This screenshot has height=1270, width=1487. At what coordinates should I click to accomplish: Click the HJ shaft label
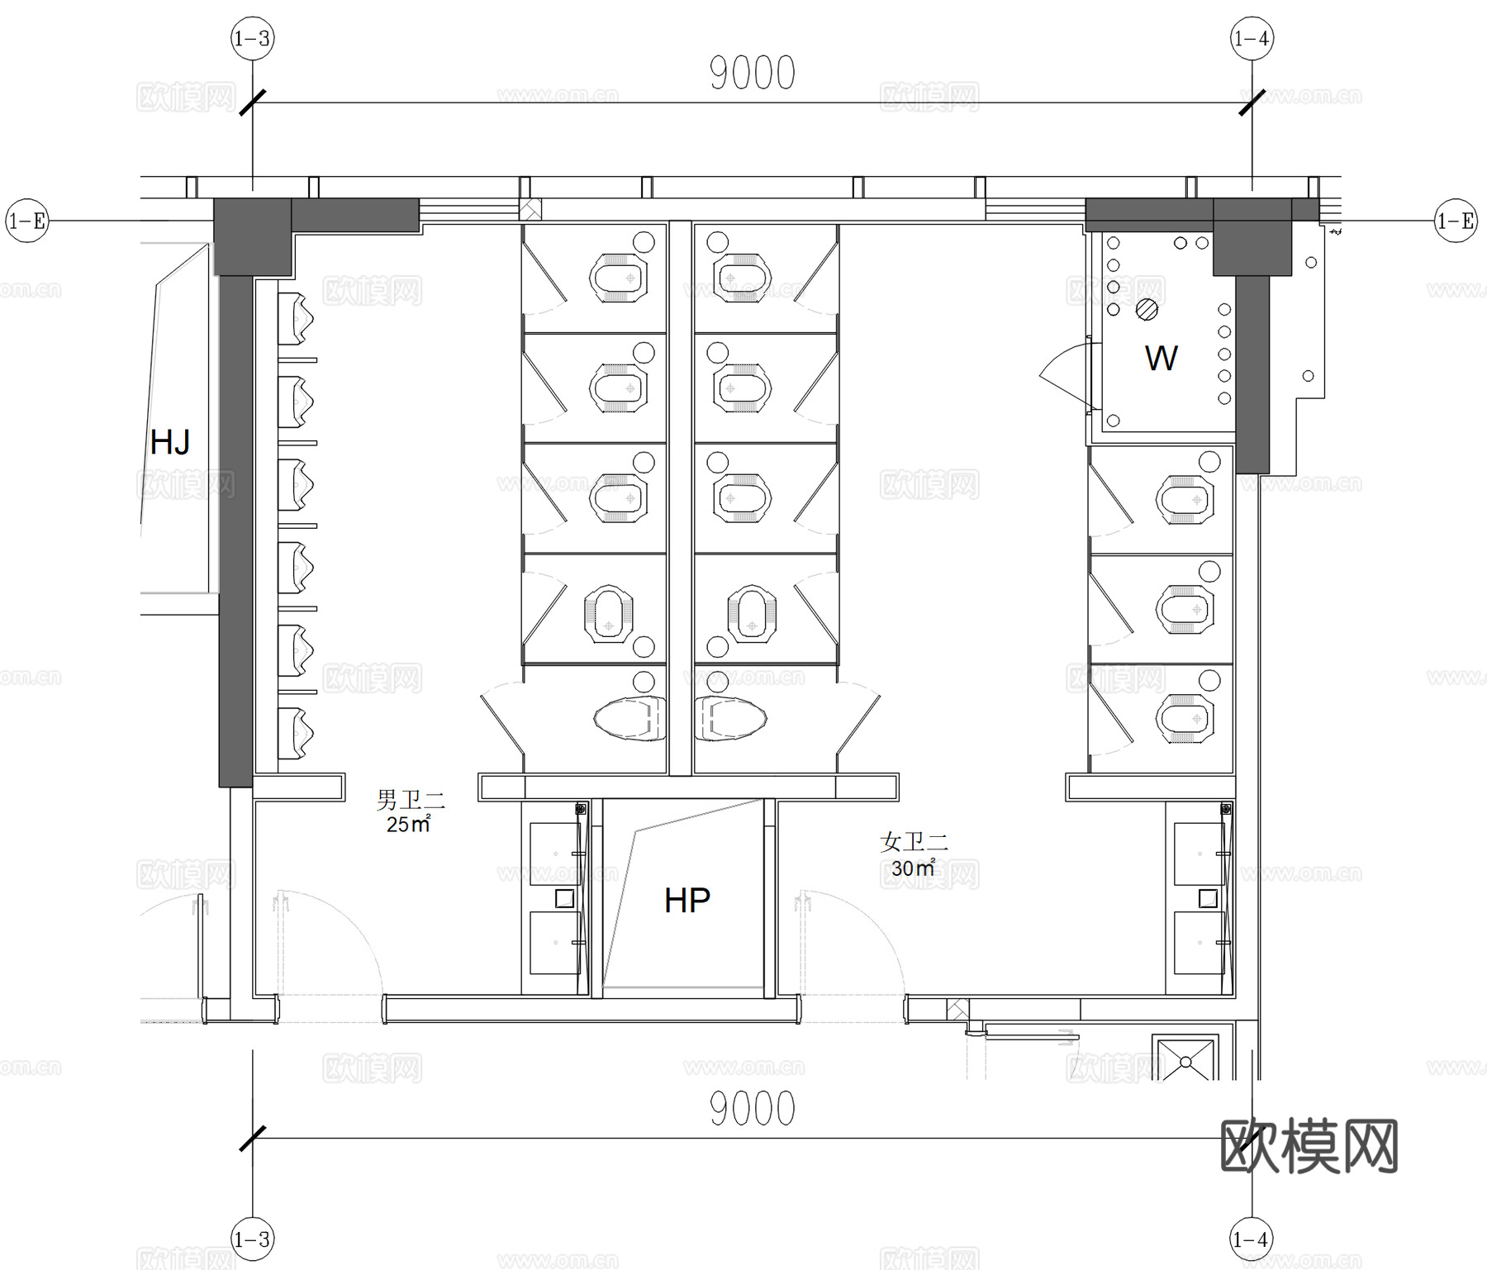point(170,442)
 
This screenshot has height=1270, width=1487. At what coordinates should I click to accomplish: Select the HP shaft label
point(686,900)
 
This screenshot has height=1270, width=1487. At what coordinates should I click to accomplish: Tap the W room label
point(1161,358)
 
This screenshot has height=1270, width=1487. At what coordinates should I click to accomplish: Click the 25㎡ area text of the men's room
point(408,824)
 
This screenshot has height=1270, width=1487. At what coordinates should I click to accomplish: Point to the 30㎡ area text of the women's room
point(913,868)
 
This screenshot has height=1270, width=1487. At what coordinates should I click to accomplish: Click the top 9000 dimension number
point(752,74)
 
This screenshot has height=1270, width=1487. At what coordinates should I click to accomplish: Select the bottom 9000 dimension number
point(752,1109)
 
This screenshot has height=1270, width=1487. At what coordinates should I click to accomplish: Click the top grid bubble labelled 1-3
point(252,39)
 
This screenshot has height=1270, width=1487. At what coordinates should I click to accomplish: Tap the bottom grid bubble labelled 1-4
point(1251,1239)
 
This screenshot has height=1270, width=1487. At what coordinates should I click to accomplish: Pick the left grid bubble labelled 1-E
point(26,221)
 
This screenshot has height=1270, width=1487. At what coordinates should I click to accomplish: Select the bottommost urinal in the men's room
point(297,731)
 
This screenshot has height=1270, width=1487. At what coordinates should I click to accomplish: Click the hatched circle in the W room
point(1147,309)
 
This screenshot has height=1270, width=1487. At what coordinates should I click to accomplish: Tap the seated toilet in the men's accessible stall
point(629,718)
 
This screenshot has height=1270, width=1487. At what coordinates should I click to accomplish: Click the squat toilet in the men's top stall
point(617,277)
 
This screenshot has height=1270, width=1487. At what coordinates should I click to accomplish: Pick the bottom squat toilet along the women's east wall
point(1185,718)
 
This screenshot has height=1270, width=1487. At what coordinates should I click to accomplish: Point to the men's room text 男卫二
point(411,799)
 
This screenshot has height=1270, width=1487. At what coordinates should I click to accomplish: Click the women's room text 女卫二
point(914,842)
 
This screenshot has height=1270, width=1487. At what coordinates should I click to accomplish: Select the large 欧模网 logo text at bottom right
point(1309,1146)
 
